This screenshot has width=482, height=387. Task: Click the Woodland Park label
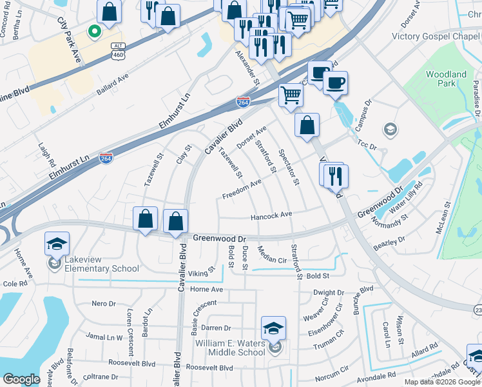point(446,79)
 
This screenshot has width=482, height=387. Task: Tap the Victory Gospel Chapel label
point(437,36)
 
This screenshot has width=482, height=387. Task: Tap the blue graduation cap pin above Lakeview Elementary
point(57,244)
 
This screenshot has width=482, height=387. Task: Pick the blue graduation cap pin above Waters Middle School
point(273,328)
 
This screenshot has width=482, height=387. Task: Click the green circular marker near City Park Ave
point(93,30)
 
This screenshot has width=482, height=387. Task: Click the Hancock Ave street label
point(271,215)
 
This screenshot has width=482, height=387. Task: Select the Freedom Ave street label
point(242,190)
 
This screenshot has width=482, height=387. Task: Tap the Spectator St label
point(289,168)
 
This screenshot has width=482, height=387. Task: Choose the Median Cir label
point(271,255)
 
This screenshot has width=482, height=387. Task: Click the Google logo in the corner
point(21,379)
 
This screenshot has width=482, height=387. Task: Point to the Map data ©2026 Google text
point(441,382)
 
